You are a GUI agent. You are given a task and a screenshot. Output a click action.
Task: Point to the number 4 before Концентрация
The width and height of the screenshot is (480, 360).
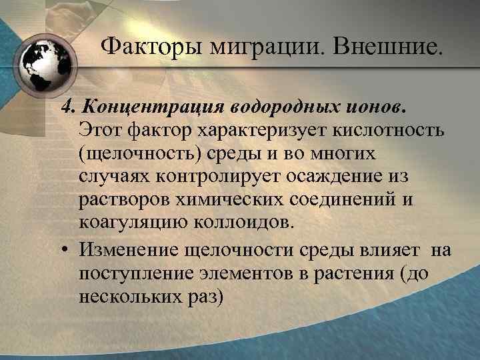[67, 107]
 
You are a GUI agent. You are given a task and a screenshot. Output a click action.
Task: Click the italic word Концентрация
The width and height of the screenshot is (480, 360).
[153, 107]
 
